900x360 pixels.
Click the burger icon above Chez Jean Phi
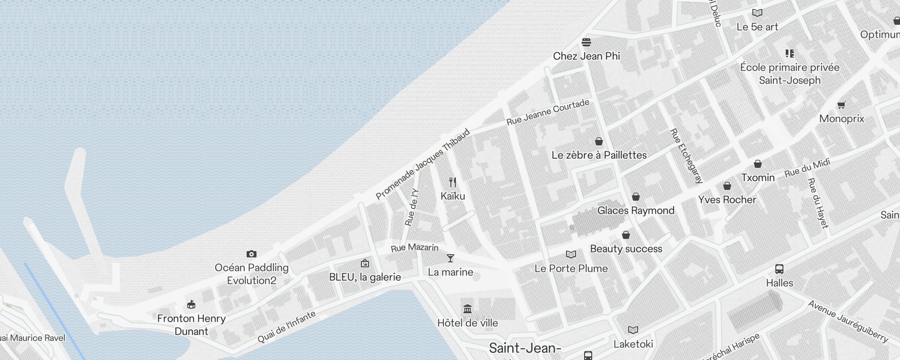(586, 42)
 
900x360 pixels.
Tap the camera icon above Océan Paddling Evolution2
(252, 254)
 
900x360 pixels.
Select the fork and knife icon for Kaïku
(453, 182)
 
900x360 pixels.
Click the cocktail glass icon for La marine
(450, 258)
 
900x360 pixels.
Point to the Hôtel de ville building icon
(468, 309)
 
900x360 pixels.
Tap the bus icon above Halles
(779, 269)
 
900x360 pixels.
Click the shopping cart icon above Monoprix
(841, 105)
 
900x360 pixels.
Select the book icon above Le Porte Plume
(571, 255)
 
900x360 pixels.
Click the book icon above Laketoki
(633, 330)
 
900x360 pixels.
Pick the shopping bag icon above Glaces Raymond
(636, 197)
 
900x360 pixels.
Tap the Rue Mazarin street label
(414, 247)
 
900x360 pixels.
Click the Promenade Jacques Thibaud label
(423, 164)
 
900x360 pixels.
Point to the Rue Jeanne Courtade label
(548, 112)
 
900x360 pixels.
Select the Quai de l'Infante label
(286, 327)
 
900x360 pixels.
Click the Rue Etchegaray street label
(686, 156)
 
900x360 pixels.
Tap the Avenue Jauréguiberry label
(848, 321)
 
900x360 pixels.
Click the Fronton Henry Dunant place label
(191, 324)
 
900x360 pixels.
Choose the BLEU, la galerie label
(365, 277)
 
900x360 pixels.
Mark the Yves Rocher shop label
(727, 200)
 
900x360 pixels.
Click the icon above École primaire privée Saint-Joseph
(790, 54)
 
